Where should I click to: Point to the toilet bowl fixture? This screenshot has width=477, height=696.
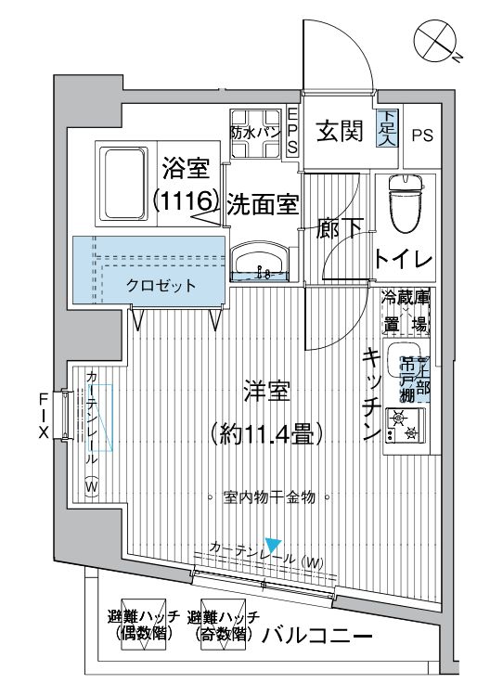(x=405, y=202)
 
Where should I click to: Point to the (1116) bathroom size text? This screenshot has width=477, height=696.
(x=186, y=200)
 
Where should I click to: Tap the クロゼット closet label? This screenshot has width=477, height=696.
(x=161, y=286)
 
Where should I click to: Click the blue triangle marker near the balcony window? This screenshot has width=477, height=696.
(x=272, y=544)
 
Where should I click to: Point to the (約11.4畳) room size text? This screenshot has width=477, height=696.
(x=266, y=432)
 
